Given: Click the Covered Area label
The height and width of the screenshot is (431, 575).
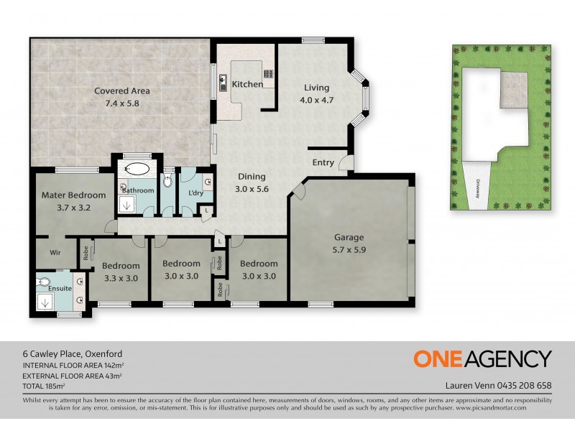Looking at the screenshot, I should [x=122, y=91].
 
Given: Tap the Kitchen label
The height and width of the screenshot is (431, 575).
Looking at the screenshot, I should [x=247, y=84].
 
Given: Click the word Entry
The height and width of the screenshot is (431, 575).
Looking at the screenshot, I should [x=323, y=162].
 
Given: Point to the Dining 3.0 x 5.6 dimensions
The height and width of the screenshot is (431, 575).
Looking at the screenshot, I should [x=252, y=189].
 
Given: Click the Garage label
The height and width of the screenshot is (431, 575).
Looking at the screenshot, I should [x=349, y=238].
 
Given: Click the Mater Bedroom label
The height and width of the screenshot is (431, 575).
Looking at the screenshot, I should [x=73, y=195].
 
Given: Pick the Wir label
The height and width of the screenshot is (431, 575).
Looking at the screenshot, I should [x=55, y=253].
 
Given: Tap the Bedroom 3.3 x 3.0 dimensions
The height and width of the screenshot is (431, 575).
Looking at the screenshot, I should [x=120, y=277].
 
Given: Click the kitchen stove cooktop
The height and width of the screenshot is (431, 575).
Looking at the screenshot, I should [x=269, y=73].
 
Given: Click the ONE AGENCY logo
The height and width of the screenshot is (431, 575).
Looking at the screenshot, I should [x=482, y=358].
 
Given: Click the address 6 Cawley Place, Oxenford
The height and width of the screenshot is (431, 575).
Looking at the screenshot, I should [x=72, y=353].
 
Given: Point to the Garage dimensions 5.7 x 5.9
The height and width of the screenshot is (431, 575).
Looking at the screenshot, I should [x=349, y=251].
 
